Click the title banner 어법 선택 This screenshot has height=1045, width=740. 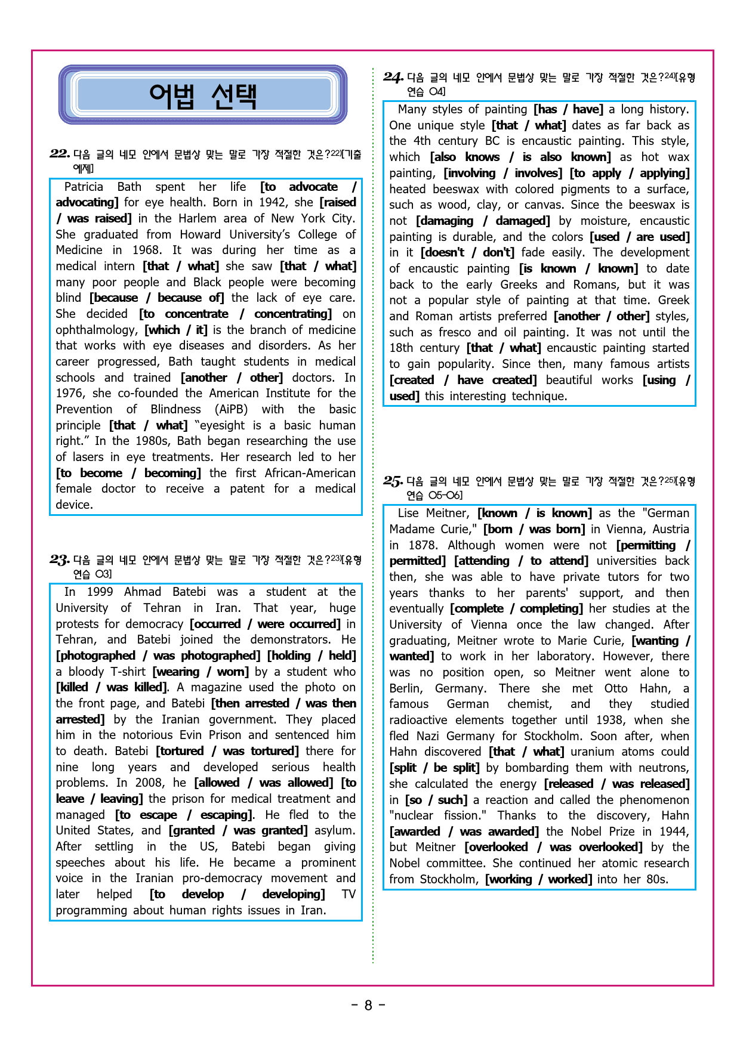pos(203,95)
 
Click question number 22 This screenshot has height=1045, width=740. pos(59,154)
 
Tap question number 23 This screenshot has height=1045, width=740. pos(59,559)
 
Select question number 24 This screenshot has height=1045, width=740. pos(393,77)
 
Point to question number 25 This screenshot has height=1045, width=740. pos(393,481)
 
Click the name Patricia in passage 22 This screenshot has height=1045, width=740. pos(84,187)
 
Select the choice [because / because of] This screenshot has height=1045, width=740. pos(157,298)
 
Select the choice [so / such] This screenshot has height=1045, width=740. pos(436,800)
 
